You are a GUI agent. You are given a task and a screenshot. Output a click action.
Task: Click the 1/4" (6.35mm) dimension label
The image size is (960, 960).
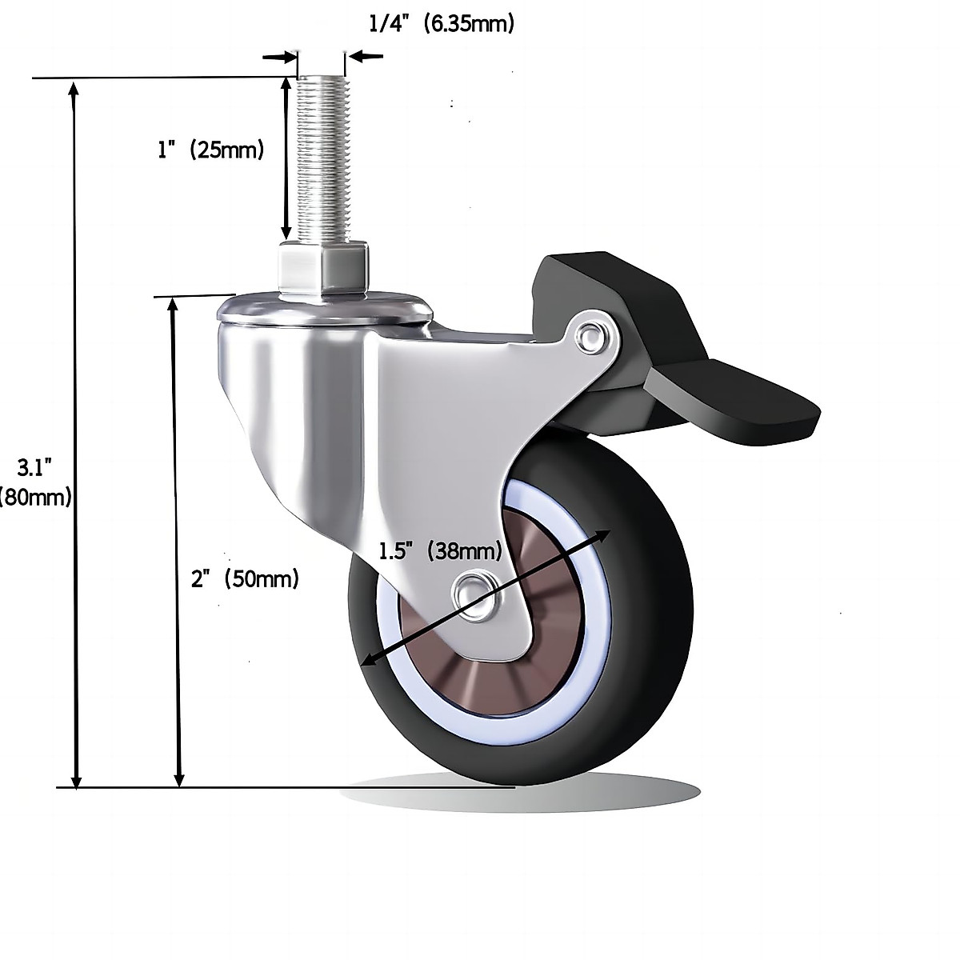[441, 24]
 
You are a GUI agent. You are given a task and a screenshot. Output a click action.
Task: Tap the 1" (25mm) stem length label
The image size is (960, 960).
[210, 150]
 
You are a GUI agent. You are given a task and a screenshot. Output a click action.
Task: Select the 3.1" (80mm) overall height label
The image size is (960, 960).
[36, 480]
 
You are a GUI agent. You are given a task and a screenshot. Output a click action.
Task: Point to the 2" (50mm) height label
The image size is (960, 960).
[245, 578]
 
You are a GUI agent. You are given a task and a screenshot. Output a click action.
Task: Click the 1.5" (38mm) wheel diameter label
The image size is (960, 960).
[440, 551]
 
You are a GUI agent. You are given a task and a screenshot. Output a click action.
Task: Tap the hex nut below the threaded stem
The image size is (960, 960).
[323, 270]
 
